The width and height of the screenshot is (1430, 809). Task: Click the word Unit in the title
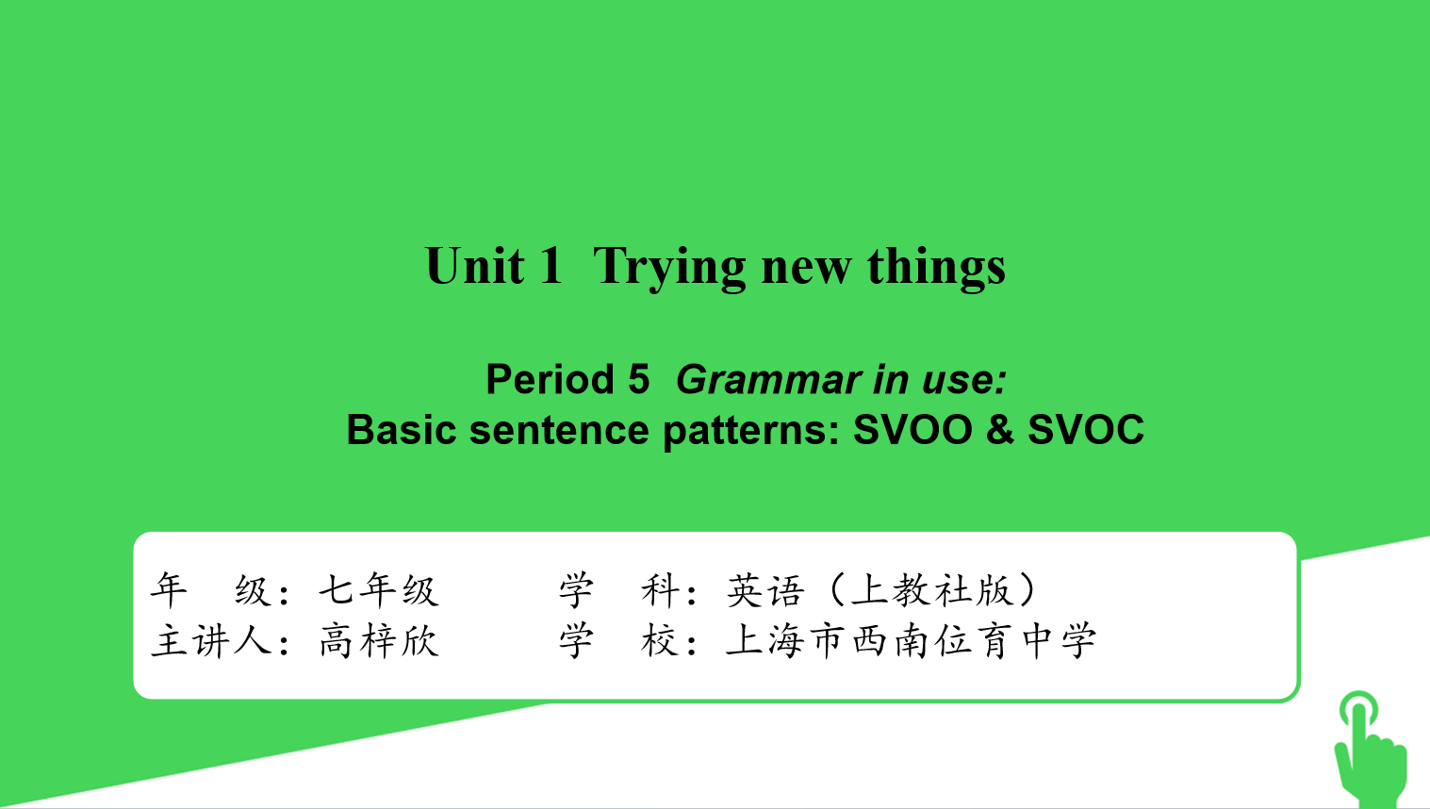pyautogui.click(x=474, y=265)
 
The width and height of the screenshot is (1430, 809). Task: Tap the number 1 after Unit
pyautogui.click(x=551, y=265)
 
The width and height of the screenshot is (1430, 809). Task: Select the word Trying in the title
pyautogui.click(x=669, y=268)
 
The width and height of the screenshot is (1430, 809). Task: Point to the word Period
pyautogui.click(x=550, y=379)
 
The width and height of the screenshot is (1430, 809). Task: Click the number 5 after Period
pyautogui.click(x=638, y=379)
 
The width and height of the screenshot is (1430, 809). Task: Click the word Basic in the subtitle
pyautogui.click(x=401, y=429)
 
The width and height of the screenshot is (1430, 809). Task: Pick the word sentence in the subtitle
pyautogui.click(x=559, y=429)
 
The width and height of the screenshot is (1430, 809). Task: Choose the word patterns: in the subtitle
pyautogui.click(x=750, y=431)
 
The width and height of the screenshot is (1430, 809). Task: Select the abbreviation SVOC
pyautogui.click(x=1086, y=429)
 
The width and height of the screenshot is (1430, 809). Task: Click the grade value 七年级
pyautogui.click(x=379, y=589)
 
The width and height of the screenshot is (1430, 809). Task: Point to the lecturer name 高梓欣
pyautogui.click(x=379, y=640)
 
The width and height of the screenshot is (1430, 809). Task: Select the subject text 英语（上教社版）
pyautogui.click(x=881, y=589)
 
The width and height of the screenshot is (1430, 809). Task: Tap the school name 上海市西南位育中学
pyautogui.click(x=911, y=640)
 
